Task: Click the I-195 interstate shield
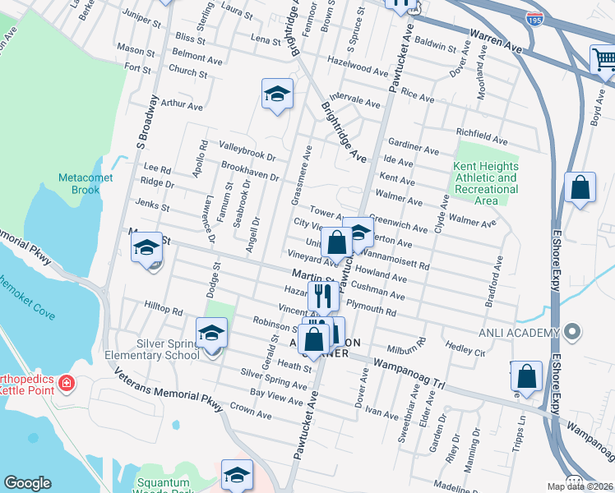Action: coord(535,18)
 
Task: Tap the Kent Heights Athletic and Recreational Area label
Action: coord(486,183)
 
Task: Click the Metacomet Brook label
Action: coord(79,183)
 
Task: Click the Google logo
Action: coord(27,483)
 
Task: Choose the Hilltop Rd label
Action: coord(163,311)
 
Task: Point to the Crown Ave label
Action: coord(251,415)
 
